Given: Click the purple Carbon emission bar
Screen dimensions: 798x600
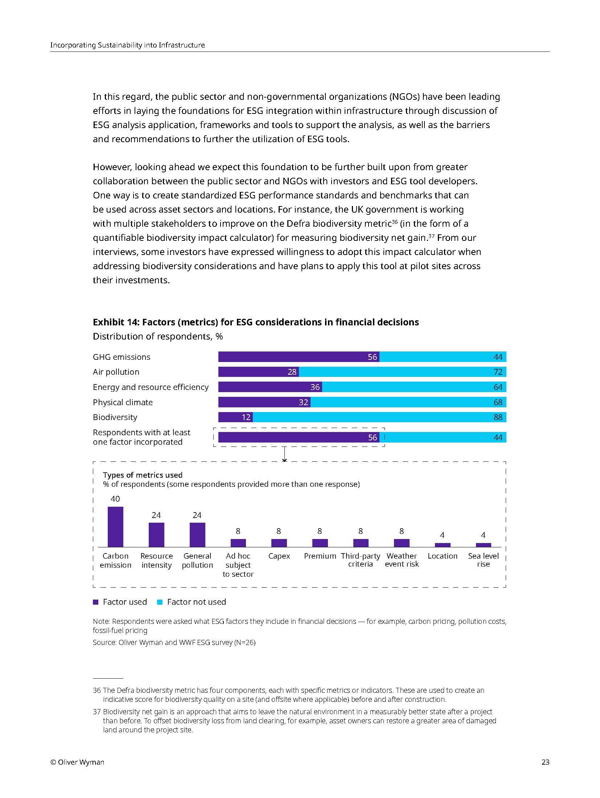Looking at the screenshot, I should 115,526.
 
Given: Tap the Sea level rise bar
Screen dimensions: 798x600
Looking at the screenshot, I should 483,544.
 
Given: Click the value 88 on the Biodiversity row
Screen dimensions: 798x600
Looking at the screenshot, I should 498,417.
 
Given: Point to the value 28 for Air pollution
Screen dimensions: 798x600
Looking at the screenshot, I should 292,372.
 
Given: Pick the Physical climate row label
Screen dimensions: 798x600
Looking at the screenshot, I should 123,402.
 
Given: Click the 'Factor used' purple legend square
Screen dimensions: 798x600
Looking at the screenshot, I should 96,602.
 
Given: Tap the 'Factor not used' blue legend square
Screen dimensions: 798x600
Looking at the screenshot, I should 160,602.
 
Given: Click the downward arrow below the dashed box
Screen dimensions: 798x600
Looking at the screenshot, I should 284,454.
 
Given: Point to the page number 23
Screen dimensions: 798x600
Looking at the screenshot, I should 545,762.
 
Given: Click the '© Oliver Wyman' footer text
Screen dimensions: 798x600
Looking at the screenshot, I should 77,762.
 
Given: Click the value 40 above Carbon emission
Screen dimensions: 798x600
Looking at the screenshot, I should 115,499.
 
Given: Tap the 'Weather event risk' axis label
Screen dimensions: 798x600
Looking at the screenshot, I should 402,560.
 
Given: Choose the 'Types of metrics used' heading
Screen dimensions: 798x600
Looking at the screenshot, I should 143,475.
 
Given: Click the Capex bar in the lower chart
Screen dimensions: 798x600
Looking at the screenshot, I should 279,543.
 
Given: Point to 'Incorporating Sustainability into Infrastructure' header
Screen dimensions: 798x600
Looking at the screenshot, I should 127,45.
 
